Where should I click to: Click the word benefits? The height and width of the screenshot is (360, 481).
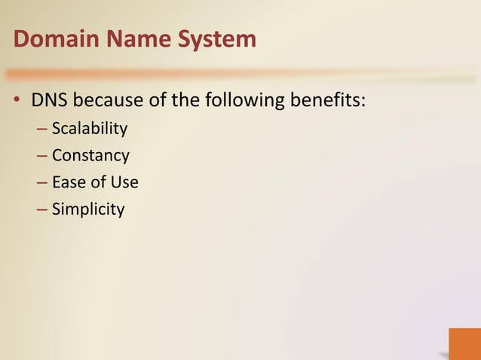tap(329, 101)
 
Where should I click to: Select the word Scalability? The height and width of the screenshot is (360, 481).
tap(90, 129)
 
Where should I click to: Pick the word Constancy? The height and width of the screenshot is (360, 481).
tap(90, 156)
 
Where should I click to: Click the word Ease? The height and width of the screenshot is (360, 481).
tap(69, 182)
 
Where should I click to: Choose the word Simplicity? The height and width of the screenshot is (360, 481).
tap(87, 209)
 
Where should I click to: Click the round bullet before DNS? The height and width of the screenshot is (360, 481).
tap(15, 102)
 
